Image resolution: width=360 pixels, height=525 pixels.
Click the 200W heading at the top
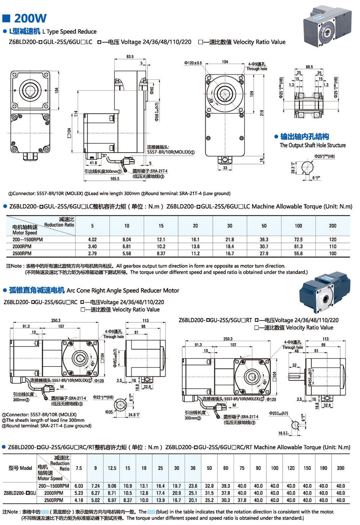30,18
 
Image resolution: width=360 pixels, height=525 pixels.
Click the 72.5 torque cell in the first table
298,239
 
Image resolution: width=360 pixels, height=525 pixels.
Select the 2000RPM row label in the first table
22,246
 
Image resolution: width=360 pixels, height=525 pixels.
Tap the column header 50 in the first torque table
264,226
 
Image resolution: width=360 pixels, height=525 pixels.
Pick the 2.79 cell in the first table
93,253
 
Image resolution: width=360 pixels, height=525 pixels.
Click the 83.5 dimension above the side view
130,56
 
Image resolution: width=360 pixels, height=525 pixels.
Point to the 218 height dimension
262,113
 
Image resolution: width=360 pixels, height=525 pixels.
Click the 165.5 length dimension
114,178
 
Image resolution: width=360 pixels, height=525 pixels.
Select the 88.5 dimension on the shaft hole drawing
309,67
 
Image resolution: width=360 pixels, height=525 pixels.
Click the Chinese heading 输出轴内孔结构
305,137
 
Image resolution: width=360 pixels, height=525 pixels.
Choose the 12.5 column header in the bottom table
112,468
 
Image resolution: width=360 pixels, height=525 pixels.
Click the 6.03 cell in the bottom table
79,486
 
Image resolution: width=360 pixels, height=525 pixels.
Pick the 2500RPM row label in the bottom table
54,500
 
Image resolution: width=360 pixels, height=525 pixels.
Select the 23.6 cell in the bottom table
193,486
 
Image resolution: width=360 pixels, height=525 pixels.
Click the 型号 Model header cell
20,468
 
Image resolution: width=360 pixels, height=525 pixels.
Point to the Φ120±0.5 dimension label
193,63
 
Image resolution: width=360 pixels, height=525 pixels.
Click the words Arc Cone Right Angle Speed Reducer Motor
123,290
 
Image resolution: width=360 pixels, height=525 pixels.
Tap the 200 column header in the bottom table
340,468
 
